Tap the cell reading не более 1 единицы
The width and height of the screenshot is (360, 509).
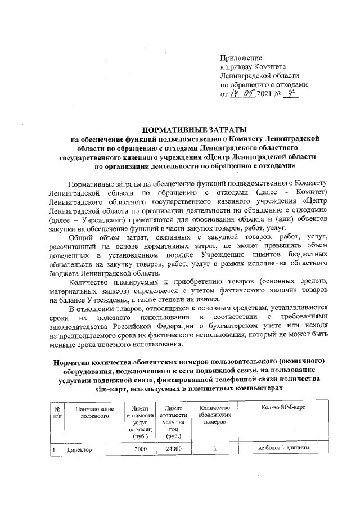click(x=283, y=448)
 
